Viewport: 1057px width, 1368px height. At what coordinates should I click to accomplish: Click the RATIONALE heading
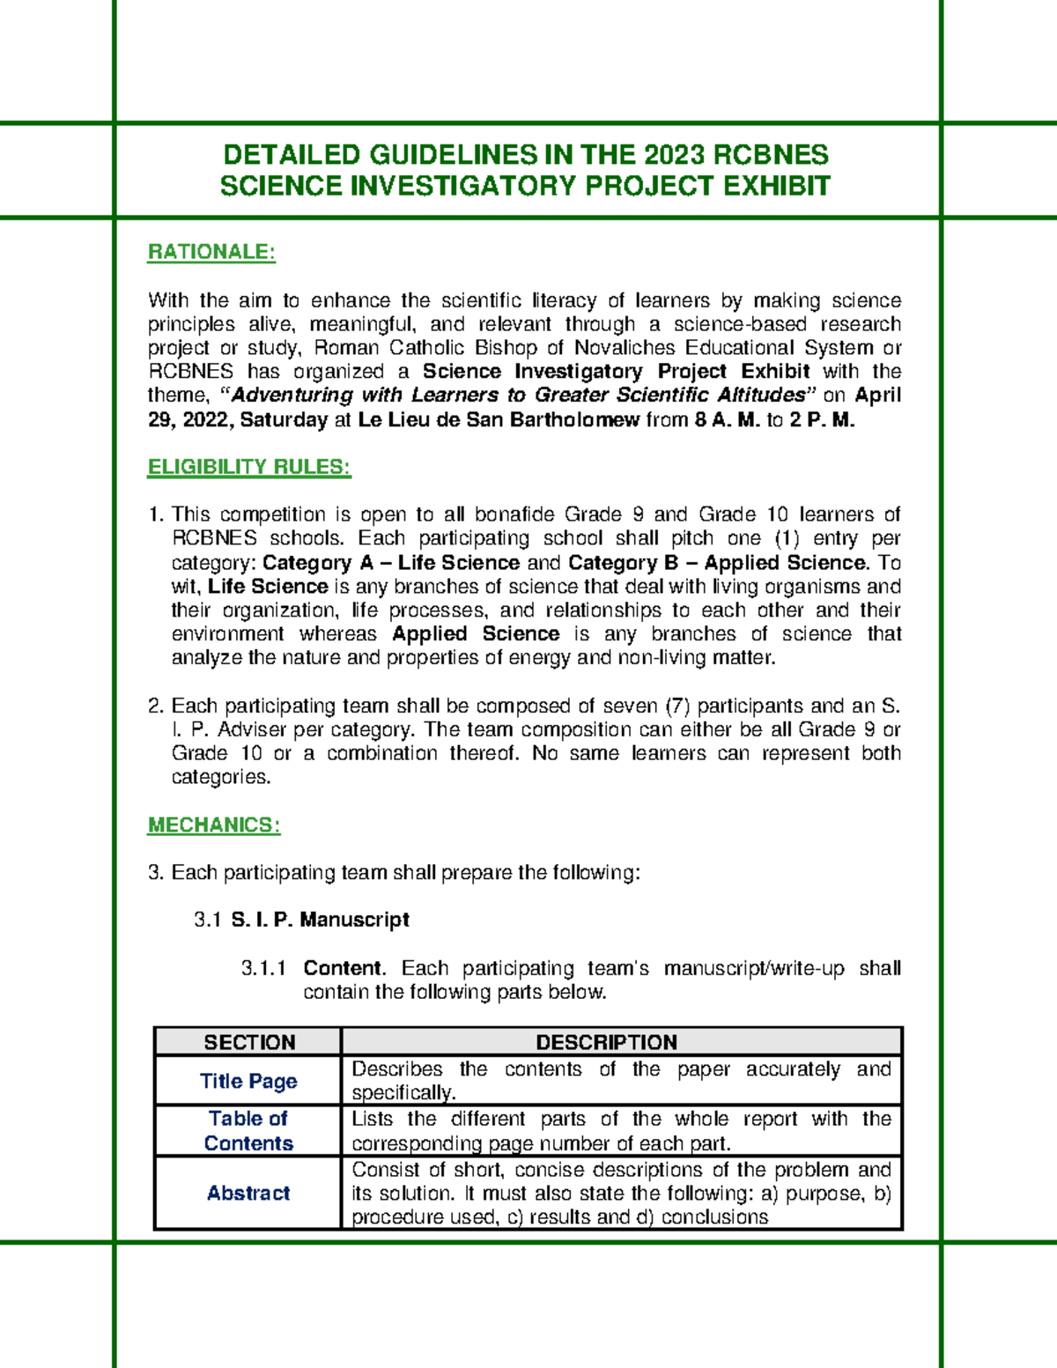pyautogui.click(x=211, y=252)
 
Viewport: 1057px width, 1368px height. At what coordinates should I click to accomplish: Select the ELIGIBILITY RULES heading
pyautogui.click(x=249, y=467)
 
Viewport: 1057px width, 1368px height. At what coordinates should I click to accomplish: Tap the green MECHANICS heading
pyautogui.click(x=214, y=825)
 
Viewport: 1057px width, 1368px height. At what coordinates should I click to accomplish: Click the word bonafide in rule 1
pyautogui.click(x=514, y=514)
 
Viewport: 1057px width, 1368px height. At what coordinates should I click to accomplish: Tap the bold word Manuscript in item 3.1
pyautogui.click(x=354, y=921)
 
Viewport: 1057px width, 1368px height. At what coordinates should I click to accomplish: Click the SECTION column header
pyautogui.click(x=249, y=1042)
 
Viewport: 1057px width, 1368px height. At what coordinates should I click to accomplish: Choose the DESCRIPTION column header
pyautogui.click(x=606, y=1042)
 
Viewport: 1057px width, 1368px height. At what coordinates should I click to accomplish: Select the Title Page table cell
pyautogui.click(x=248, y=1082)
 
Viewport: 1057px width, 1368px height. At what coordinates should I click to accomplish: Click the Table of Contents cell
pyautogui.click(x=248, y=1131)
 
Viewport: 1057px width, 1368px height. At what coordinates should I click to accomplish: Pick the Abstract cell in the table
pyautogui.click(x=248, y=1194)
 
